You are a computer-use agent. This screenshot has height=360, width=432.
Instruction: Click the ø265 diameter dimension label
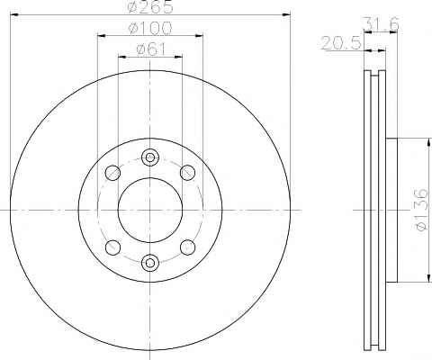pyautogui.click(x=150, y=6)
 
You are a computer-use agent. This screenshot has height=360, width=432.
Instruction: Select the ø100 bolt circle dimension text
pyautogui.click(x=150, y=28)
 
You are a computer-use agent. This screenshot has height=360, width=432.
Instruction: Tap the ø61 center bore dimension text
pyautogui.click(x=151, y=49)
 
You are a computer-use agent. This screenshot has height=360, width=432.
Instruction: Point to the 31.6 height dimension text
pyautogui.click(x=381, y=24)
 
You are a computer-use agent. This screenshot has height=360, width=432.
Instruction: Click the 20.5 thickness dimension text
pyautogui.click(x=341, y=43)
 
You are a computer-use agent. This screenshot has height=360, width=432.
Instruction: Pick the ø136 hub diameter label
pyautogui.click(x=422, y=210)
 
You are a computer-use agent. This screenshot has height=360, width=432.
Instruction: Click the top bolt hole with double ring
pyautogui.click(x=150, y=157)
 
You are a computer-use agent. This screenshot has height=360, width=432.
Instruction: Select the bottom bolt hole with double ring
pyautogui.click(x=150, y=263)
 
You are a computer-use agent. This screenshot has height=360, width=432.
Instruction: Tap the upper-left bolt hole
pyautogui.click(x=112, y=173)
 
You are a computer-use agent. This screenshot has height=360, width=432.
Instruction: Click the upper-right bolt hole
pyautogui.click(x=187, y=173)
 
